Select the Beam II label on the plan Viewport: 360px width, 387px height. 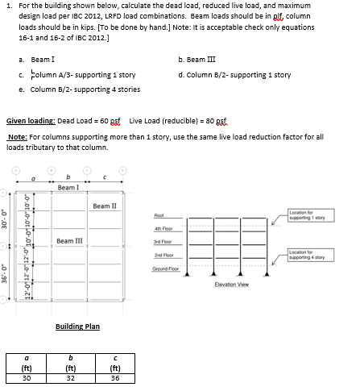pyautogui.click(x=106, y=206)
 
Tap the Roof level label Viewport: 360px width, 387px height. pyautogui.click(x=157, y=215)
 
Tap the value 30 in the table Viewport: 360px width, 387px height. pyautogui.click(x=27, y=376)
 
